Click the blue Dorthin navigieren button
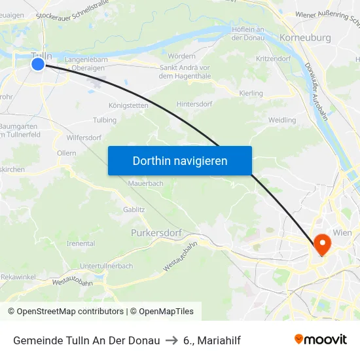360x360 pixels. tap(180, 160)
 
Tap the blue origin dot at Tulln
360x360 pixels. tap(38, 63)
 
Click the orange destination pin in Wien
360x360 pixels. tap(322, 243)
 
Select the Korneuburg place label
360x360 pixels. tap(305, 38)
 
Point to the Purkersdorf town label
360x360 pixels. tap(155, 232)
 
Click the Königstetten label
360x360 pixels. tap(128, 105)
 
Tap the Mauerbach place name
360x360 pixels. tap(147, 184)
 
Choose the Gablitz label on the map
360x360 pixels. tap(134, 209)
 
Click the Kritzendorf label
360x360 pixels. tap(273, 59)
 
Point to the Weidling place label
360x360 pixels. tap(282, 120)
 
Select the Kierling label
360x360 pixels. tap(251, 94)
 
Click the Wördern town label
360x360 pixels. tap(181, 56)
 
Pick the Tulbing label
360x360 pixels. tap(105, 120)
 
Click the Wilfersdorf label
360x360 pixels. tap(84, 137)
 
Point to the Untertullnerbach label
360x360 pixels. tap(106, 266)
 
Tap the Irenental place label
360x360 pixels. tap(81, 243)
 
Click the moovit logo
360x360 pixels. tap(321, 340)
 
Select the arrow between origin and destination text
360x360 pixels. tap(171, 340)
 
